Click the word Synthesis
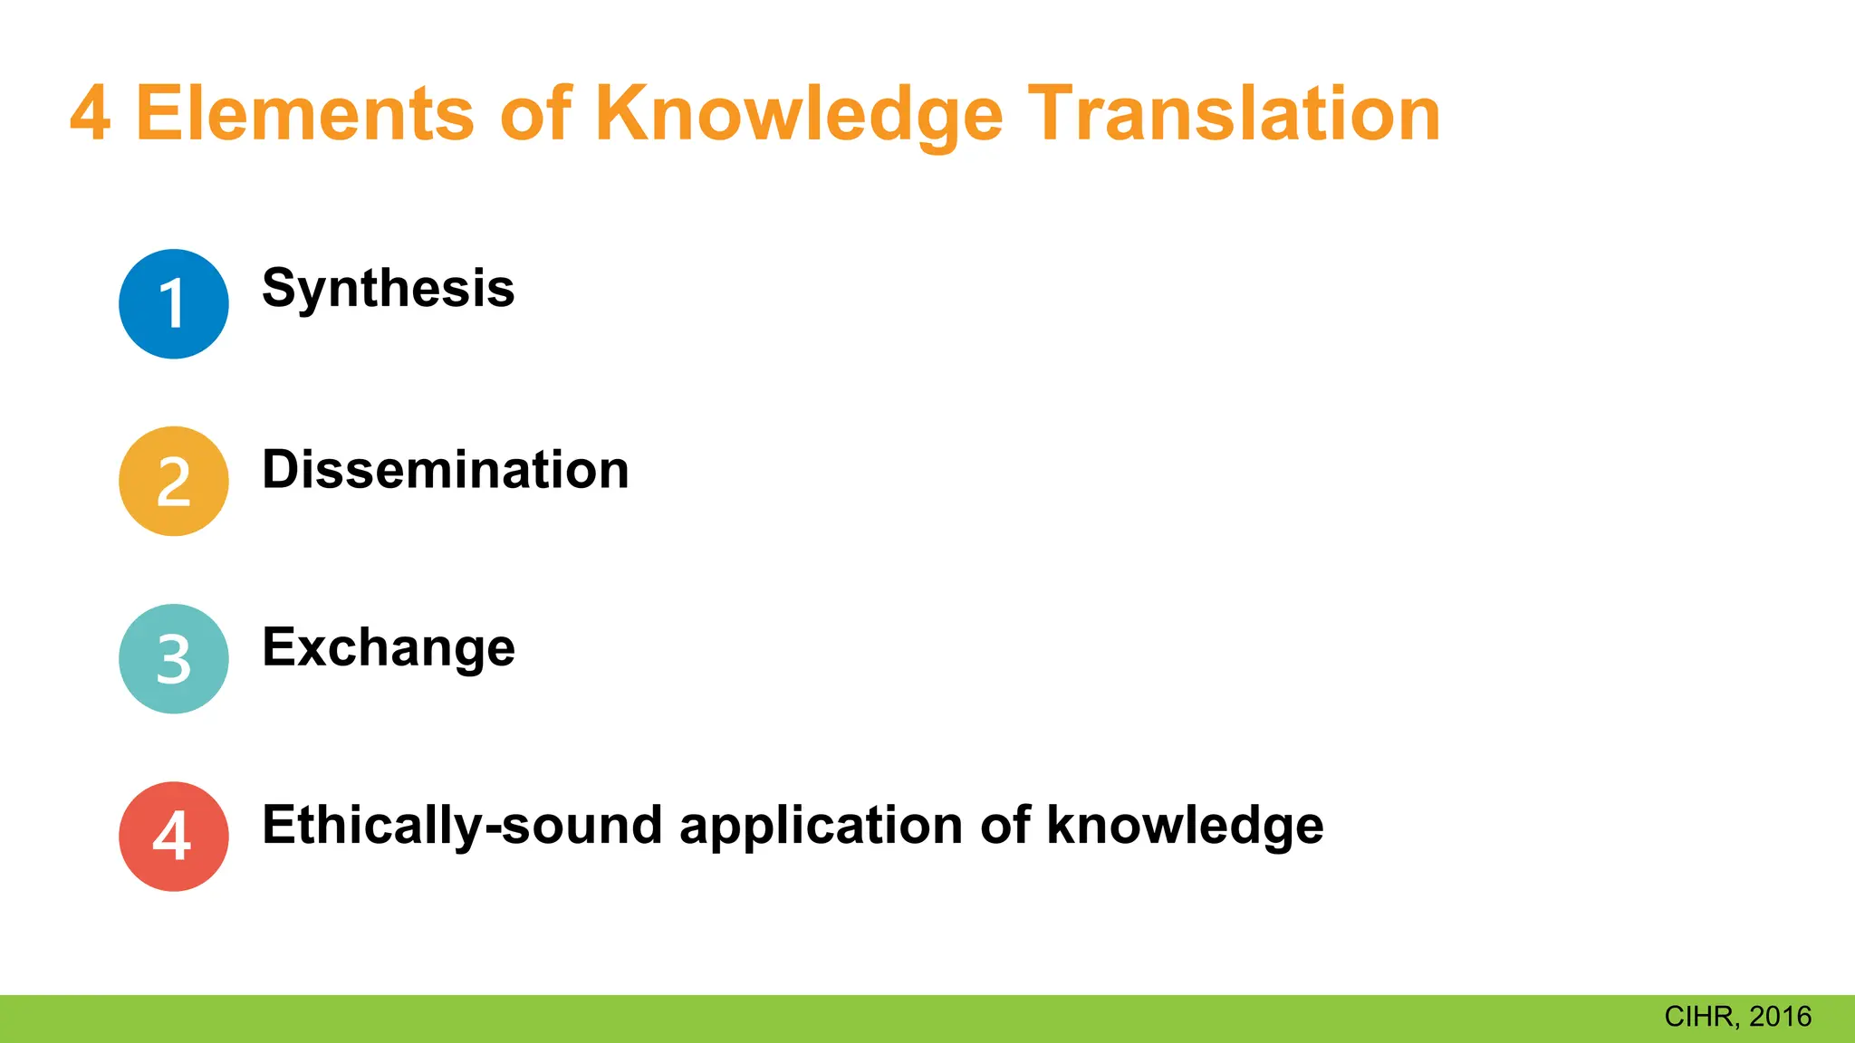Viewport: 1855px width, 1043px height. click(x=388, y=290)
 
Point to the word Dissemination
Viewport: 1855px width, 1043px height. click(x=445, y=470)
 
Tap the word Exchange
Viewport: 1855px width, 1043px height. click(x=388, y=648)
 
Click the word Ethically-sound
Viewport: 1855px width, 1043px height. click(x=462, y=826)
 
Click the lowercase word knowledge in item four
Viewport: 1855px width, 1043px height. click(x=1185, y=826)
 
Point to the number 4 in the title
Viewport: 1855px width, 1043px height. click(x=91, y=114)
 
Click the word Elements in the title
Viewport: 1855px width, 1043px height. click(x=304, y=114)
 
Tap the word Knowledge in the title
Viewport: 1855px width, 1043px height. click(x=799, y=116)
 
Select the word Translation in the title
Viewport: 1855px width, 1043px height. click(x=1234, y=114)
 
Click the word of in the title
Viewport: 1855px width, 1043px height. click(x=535, y=114)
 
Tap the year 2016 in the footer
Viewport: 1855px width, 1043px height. click(x=1781, y=1017)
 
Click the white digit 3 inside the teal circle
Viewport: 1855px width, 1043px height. click(x=173, y=660)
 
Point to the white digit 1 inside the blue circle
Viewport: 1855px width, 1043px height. click(x=172, y=303)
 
